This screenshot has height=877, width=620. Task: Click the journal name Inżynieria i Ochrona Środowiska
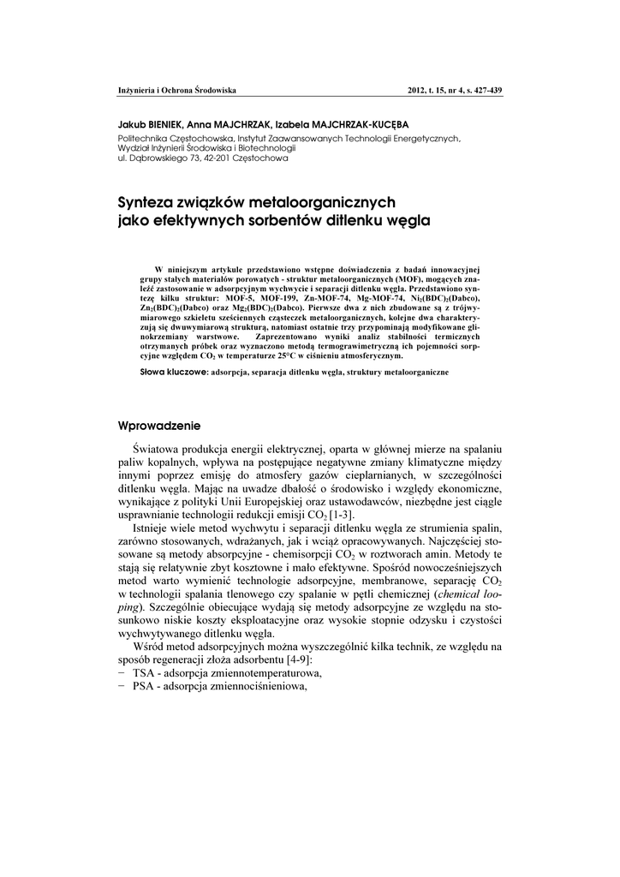click(x=176, y=90)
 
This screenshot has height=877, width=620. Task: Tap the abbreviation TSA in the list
click(x=145, y=674)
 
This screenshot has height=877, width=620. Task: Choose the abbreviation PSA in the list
click(x=144, y=686)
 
